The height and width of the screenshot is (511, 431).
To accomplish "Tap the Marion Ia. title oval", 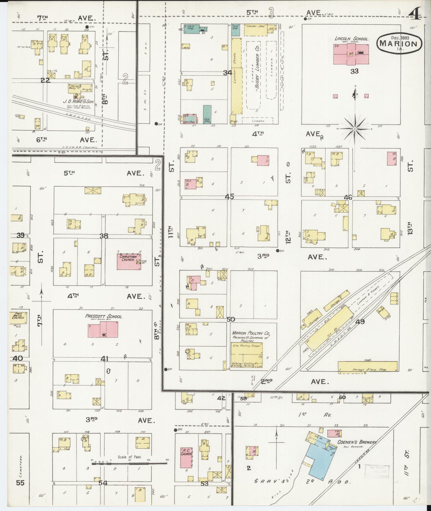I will (x=400, y=44).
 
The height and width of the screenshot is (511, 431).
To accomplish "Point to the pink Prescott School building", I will (x=103, y=330).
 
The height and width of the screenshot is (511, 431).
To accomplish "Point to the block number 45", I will (x=229, y=197).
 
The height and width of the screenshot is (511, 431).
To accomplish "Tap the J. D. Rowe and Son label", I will (x=78, y=102).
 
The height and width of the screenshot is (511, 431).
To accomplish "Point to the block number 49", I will (x=360, y=322).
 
